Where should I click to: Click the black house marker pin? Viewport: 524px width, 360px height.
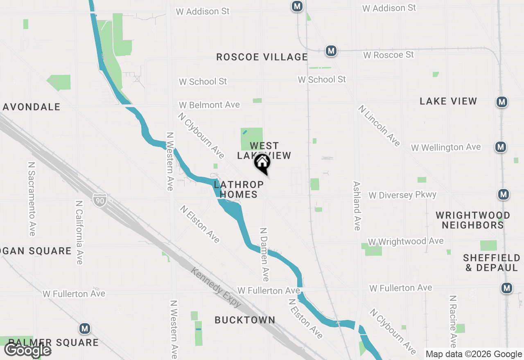click(x=262, y=163)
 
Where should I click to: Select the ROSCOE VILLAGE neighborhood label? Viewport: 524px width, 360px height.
click(x=262, y=57)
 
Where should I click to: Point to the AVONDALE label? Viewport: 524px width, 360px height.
click(x=32, y=107)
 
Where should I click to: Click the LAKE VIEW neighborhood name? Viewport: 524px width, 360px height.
click(x=448, y=101)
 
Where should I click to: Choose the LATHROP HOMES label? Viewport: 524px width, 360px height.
click(x=236, y=189)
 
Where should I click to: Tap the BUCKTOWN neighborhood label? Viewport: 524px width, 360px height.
click(x=245, y=320)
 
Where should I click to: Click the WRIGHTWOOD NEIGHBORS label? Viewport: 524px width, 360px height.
click(x=473, y=220)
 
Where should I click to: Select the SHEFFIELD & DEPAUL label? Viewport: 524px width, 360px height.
click(x=492, y=263)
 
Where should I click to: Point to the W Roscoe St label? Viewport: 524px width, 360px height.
click(x=388, y=54)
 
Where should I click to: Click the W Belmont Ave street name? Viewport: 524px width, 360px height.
click(x=209, y=105)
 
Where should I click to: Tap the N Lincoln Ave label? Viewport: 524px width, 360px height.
click(x=379, y=126)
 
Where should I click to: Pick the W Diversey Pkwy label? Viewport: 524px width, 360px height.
click(x=402, y=195)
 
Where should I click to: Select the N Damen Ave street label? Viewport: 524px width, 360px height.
click(x=264, y=254)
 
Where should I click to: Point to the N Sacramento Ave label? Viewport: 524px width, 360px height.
click(x=32, y=198)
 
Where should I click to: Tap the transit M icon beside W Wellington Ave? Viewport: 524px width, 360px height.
click(x=500, y=146)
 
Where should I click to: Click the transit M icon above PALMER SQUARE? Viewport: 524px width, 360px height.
click(x=85, y=328)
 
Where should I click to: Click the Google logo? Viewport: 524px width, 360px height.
click(x=28, y=350)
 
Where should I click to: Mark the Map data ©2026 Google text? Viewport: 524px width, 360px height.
click(x=474, y=354)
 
